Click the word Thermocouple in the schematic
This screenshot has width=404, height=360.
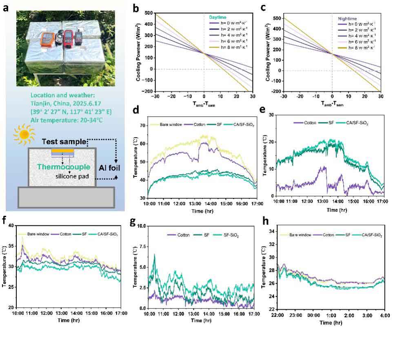click(x=64, y=167)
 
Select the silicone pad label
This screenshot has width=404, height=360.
click(x=62, y=177)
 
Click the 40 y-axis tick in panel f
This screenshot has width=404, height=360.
click(x=11, y=225)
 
